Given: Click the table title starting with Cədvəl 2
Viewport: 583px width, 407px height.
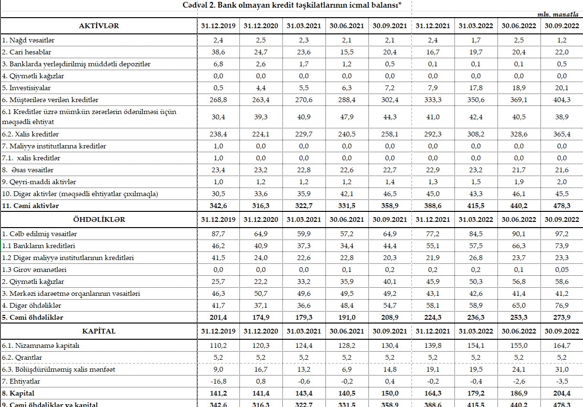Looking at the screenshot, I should pos(291,5).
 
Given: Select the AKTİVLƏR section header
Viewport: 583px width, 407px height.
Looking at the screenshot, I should pos(98,26).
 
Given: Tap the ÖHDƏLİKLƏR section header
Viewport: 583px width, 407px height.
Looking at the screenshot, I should pos(98,219).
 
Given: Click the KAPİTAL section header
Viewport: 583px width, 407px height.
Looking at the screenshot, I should pos(98,331).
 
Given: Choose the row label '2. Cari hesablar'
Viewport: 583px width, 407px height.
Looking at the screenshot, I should pos(27,52).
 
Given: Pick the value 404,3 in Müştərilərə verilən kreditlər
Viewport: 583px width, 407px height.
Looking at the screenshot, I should pos(561,100).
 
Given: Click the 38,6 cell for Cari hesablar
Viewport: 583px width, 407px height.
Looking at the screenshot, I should pos(218,52).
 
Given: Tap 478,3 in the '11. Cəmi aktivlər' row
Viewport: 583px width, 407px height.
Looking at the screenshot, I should pos(561,206).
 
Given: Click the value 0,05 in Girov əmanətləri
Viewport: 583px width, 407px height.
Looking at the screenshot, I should pos(561,270).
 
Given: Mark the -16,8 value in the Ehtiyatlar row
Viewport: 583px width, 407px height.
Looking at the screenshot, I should pos(218,381).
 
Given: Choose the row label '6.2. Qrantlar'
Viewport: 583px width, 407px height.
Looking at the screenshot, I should pos(22,357).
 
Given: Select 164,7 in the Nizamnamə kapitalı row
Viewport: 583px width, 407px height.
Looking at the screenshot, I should pos(561,345).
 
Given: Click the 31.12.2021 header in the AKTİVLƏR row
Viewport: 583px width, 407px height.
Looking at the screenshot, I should pos(433,26).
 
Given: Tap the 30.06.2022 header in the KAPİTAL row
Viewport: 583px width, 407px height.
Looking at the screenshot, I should pos(518,331).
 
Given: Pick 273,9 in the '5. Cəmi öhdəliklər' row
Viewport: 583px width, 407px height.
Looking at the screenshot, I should pos(561,317).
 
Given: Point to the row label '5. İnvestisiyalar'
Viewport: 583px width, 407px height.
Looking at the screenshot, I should pos(27,88).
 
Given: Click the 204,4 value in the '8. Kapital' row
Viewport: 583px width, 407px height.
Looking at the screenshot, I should pos(561,393).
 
